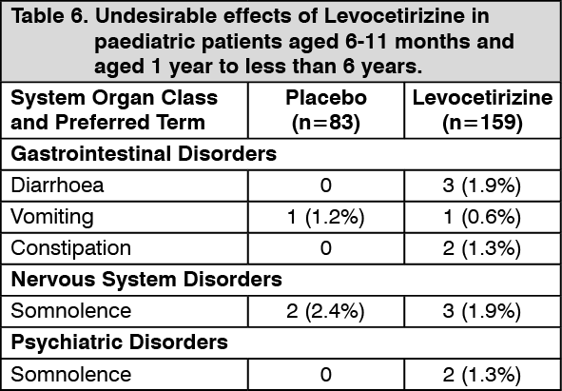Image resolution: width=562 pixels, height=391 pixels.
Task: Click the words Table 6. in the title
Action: (x=49, y=17)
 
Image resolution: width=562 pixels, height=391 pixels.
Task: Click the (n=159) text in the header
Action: (x=482, y=123)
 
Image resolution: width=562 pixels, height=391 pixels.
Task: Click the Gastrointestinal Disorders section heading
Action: (x=144, y=154)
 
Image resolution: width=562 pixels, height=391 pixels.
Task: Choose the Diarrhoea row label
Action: (x=57, y=186)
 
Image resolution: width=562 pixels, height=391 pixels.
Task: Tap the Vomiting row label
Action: (x=52, y=218)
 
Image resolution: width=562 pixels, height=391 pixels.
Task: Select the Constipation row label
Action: (x=71, y=248)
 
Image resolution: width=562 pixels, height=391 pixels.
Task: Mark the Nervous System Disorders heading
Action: (x=146, y=280)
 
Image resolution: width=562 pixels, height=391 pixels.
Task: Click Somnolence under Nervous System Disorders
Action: (x=71, y=311)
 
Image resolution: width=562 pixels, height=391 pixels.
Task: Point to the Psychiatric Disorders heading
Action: (x=120, y=342)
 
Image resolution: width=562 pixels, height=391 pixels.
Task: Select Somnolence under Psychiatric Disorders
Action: (x=71, y=374)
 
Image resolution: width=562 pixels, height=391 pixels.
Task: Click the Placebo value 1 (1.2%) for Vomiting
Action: (x=326, y=218)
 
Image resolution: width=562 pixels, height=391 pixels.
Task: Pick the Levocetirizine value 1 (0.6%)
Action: (x=482, y=218)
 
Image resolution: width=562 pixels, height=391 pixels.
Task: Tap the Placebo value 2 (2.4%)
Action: (x=326, y=311)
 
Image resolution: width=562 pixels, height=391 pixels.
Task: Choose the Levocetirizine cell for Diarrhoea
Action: (x=482, y=186)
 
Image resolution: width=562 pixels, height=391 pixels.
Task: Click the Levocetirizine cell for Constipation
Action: (x=482, y=248)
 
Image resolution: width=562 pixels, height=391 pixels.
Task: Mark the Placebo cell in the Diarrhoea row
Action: (x=326, y=186)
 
